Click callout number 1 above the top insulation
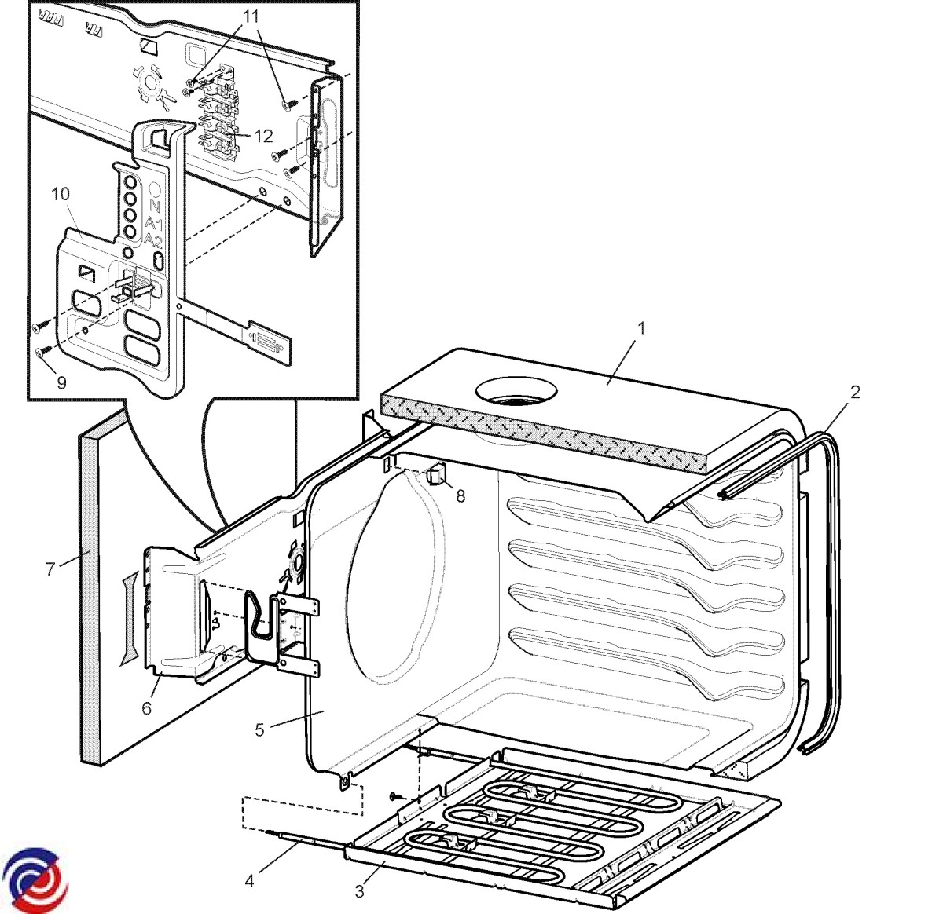point(641,328)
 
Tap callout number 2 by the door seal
point(855,391)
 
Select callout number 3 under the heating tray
point(360,891)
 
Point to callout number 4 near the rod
point(250,881)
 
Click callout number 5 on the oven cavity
point(260,730)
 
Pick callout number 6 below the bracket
point(147,707)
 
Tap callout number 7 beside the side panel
point(51,569)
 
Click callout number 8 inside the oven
point(460,495)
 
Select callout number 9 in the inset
point(61,382)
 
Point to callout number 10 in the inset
point(61,194)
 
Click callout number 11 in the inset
point(250,16)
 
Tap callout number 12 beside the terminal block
point(263,137)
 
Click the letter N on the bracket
point(154,207)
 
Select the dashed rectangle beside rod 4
point(303,813)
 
